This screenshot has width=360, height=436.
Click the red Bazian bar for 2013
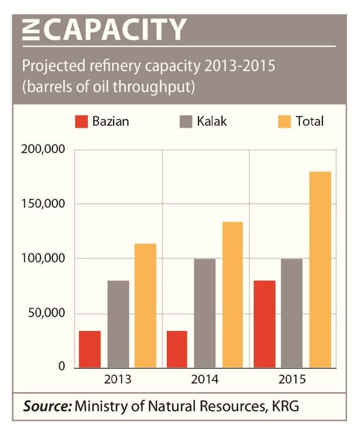90,349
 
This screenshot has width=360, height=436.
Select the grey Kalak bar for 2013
118,324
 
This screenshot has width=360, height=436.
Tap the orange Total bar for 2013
146,305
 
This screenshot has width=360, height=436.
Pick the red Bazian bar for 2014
177,349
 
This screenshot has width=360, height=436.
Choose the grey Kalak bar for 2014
205,313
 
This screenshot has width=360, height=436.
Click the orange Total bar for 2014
232,295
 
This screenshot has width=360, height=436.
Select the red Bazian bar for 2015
264,324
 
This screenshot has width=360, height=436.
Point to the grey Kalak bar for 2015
292,313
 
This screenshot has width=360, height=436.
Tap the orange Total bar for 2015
320,269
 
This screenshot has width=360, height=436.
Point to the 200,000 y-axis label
43,149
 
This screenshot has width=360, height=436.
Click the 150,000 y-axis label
43,204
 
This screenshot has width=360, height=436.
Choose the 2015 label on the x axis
292,380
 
